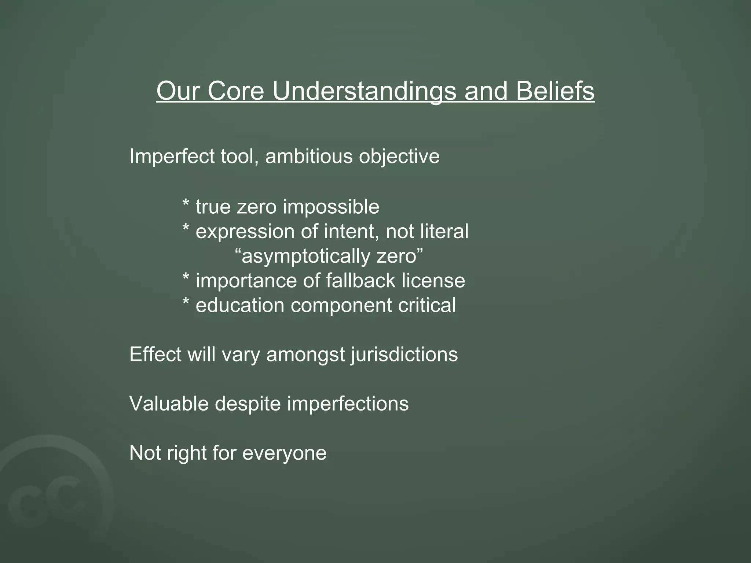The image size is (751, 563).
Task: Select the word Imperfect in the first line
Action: tap(172, 157)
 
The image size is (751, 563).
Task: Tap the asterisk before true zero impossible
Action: tap(186, 205)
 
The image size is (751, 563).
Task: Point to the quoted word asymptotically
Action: tap(306, 256)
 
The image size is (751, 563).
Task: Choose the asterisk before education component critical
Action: tap(186, 303)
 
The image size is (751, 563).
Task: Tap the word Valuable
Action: tap(169, 404)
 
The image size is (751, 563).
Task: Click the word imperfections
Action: tap(348, 404)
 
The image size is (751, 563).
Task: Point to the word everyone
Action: tap(284, 453)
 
